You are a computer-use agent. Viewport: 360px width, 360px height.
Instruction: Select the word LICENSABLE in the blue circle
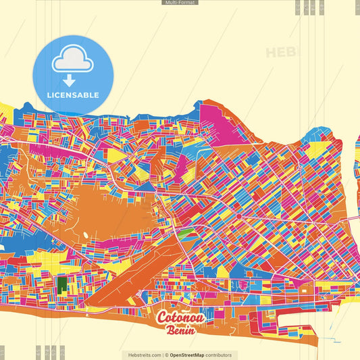click(x=72, y=95)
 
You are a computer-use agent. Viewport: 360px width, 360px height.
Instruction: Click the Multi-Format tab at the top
click(x=180, y=3)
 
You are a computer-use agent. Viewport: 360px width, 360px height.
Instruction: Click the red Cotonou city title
click(x=180, y=318)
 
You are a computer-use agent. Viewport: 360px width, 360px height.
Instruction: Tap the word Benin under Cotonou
click(x=180, y=331)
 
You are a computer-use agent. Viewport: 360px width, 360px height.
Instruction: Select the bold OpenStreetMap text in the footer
click(x=188, y=355)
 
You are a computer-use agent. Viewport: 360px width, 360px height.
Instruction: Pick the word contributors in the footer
click(x=220, y=355)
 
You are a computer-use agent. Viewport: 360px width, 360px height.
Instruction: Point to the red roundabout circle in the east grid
click(x=238, y=216)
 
